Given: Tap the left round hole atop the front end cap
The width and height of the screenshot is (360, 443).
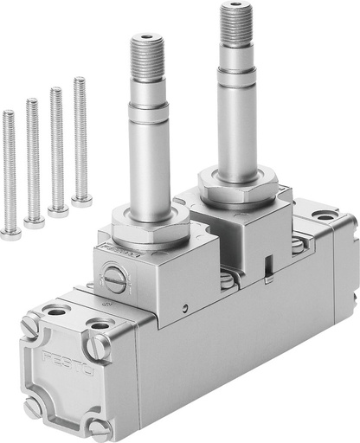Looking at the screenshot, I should point(56,310).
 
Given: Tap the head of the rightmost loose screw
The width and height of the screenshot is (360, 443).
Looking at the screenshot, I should point(82,200).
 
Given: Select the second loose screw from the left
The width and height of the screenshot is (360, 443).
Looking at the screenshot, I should point(35,221).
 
